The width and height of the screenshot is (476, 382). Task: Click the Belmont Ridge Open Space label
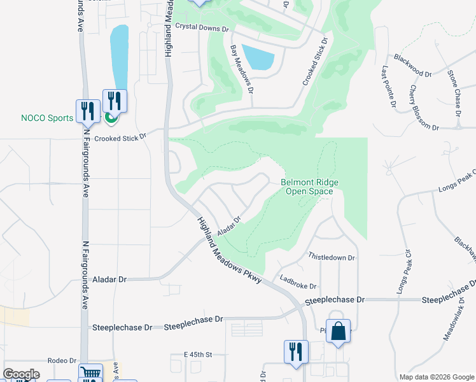pos(310,187)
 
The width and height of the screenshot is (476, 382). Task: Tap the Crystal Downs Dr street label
pos(202,29)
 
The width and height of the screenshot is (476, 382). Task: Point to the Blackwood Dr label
pos(412,66)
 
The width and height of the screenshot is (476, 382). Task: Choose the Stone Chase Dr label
pos(454,93)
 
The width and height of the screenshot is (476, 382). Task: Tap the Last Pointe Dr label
pos(389,87)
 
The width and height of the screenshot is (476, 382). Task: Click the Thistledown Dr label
pos(332,257)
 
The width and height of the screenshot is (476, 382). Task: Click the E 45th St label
pos(197,354)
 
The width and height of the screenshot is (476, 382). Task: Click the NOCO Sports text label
pos(48,118)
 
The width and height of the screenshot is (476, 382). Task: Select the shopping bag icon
pos(339,331)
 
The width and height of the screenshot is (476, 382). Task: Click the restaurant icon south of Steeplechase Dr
pos(296,351)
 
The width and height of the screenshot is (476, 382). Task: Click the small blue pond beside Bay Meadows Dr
pos(258,58)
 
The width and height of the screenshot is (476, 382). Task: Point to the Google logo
pos(21,374)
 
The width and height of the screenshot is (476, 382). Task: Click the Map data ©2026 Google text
pos(437,377)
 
